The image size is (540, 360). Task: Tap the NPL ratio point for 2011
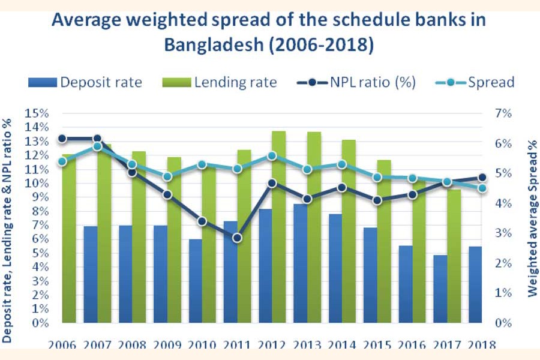pos(237,238)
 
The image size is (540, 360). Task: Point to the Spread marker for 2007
pos(97,146)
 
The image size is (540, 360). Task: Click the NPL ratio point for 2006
pos(62,139)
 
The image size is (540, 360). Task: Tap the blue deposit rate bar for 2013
pos(301,263)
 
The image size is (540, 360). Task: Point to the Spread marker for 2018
pos(482,188)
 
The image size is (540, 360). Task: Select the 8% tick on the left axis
pos(38,211)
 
